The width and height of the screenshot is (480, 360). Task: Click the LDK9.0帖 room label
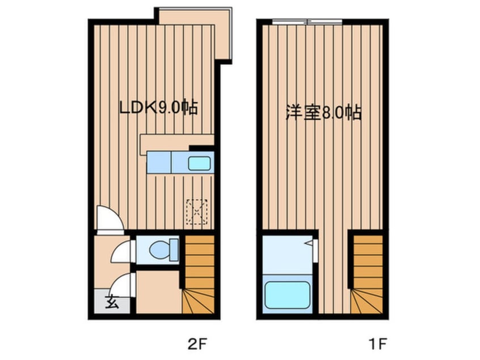tap(158, 107)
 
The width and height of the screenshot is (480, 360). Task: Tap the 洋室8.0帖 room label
tap(323, 112)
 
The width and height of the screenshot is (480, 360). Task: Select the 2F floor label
tap(197, 344)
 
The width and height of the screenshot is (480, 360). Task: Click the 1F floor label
tap(378, 344)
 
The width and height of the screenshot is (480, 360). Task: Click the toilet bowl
tap(159, 249)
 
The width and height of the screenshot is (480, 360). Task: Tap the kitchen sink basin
tap(199, 164)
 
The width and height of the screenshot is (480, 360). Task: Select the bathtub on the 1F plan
tap(287, 295)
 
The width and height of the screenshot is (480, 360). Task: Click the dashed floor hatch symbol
tap(197, 212)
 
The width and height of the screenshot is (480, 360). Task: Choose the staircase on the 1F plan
tap(367, 274)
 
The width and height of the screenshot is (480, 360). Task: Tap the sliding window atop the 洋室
tap(307, 22)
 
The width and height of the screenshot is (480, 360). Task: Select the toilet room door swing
tap(123, 251)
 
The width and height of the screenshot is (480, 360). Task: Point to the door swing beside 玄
tap(122, 285)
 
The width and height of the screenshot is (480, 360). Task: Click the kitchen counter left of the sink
tap(158, 162)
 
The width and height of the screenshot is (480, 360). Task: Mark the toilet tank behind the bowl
tap(174, 250)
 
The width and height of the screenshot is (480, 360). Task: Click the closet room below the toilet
tap(159, 292)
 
